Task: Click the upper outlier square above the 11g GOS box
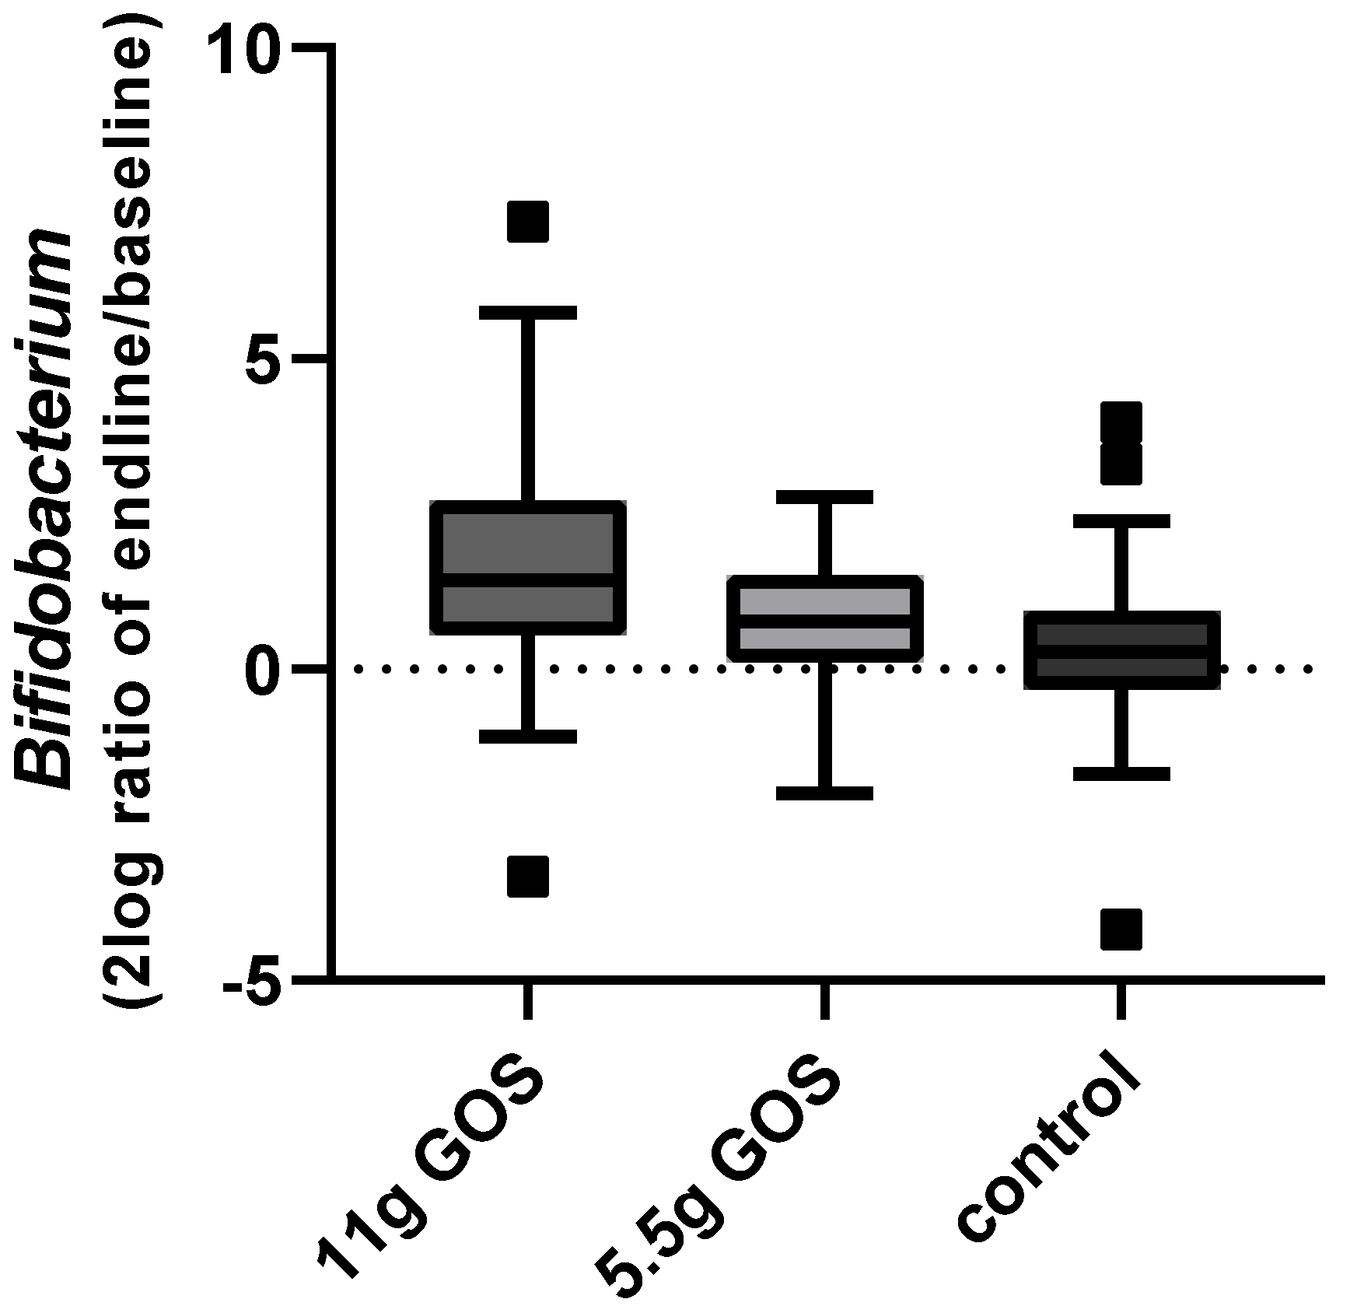(x=528, y=221)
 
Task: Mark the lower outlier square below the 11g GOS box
(x=528, y=877)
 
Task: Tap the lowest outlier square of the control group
(x=1121, y=929)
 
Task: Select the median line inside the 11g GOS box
(x=528, y=579)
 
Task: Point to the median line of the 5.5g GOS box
(x=824, y=621)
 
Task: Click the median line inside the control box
(x=1121, y=650)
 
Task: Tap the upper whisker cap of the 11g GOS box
(x=528, y=313)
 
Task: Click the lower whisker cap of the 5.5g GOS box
(x=824, y=793)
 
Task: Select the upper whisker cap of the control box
(x=1121, y=521)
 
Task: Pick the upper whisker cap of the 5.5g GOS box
(x=824, y=497)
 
